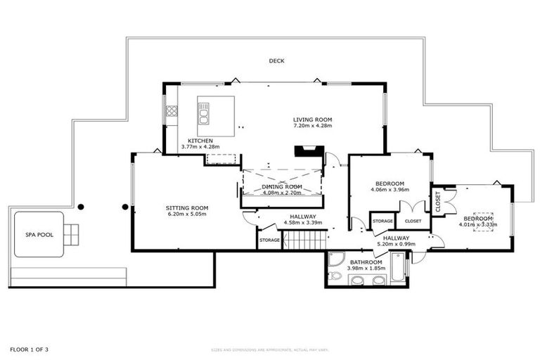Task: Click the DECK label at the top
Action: [x=276, y=61]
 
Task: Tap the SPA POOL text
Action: [x=37, y=234]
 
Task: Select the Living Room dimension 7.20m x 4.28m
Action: [x=312, y=126]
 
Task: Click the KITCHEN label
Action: [x=200, y=141]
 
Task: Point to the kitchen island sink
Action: [x=204, y=112]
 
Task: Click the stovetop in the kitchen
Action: [x=171, y=111]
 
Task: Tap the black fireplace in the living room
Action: [x=309, y=151]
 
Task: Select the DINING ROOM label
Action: [x=281, y=186]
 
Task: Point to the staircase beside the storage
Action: [x=304, y=240]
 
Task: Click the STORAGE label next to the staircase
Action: [x=269, y=240]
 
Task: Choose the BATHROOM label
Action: [x=366, y=262]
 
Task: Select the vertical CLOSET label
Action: [x=438, y=202]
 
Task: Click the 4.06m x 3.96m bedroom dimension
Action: [x=389, y=189]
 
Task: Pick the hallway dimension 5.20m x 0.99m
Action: [x=396, y=244]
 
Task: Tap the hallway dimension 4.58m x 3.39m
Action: [x=302, y=223]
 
